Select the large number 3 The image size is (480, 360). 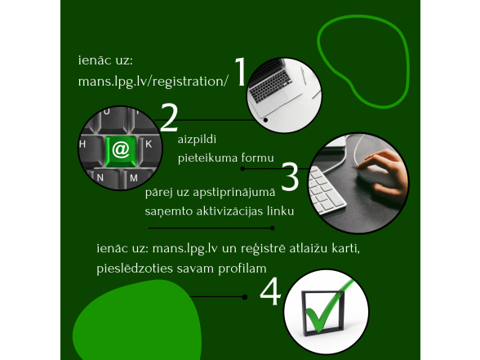tap(290, 177)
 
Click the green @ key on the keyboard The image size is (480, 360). tap(121, 149)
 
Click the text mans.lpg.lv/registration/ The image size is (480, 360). tap(149, 82)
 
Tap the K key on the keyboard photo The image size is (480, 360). tap(148, 143)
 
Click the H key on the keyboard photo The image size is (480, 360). tap(82, 143)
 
